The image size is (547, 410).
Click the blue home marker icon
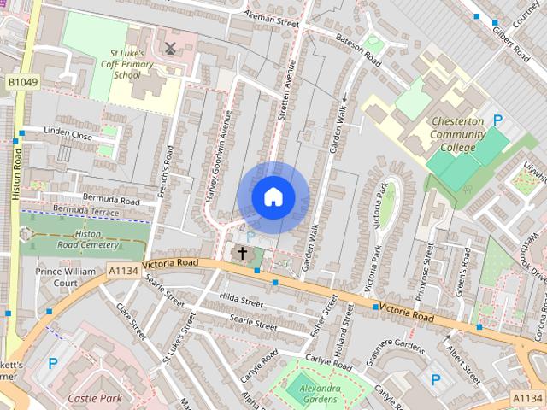tap(273, 197)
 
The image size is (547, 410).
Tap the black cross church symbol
tap(242, 253)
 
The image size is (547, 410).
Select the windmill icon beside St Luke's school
tap(169, 48)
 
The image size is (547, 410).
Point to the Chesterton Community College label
tap(457, 134)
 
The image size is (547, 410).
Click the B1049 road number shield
tap(23, 81)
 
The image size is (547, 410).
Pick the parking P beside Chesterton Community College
tap(497, 122)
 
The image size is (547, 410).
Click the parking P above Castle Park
tap(52, 364)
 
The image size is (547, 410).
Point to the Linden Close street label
tap(69, 136)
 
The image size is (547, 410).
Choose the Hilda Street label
tap(240, 302)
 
